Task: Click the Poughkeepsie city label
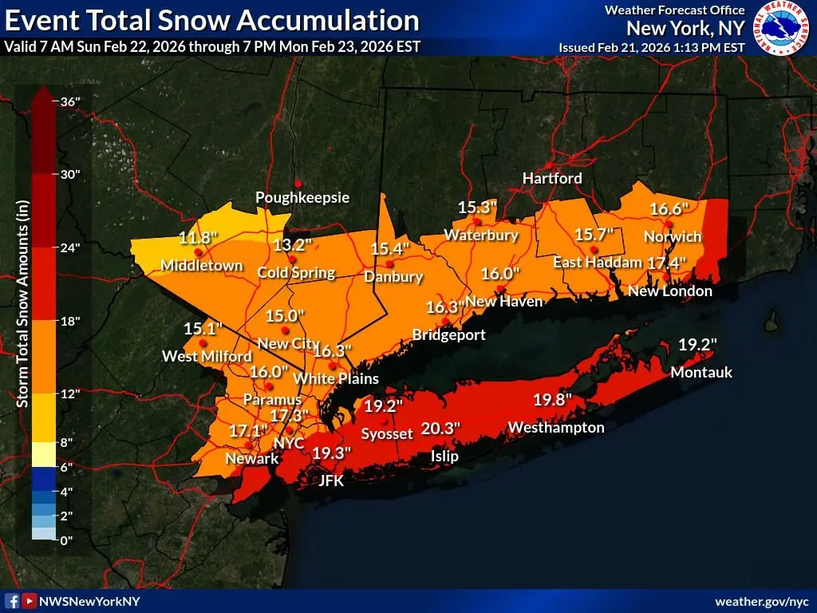click(302, 197)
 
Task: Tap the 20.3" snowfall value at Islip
click(440, 429)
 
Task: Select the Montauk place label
click(701, 372)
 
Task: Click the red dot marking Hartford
click(549, 165)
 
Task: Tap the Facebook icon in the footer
click(12, 600)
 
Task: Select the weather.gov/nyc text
click(761, 600)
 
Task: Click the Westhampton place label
click(555, 427)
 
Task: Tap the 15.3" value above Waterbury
click(477, 207)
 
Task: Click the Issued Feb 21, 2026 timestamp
click(652, 47)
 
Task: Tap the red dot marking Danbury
click(389, 263)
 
